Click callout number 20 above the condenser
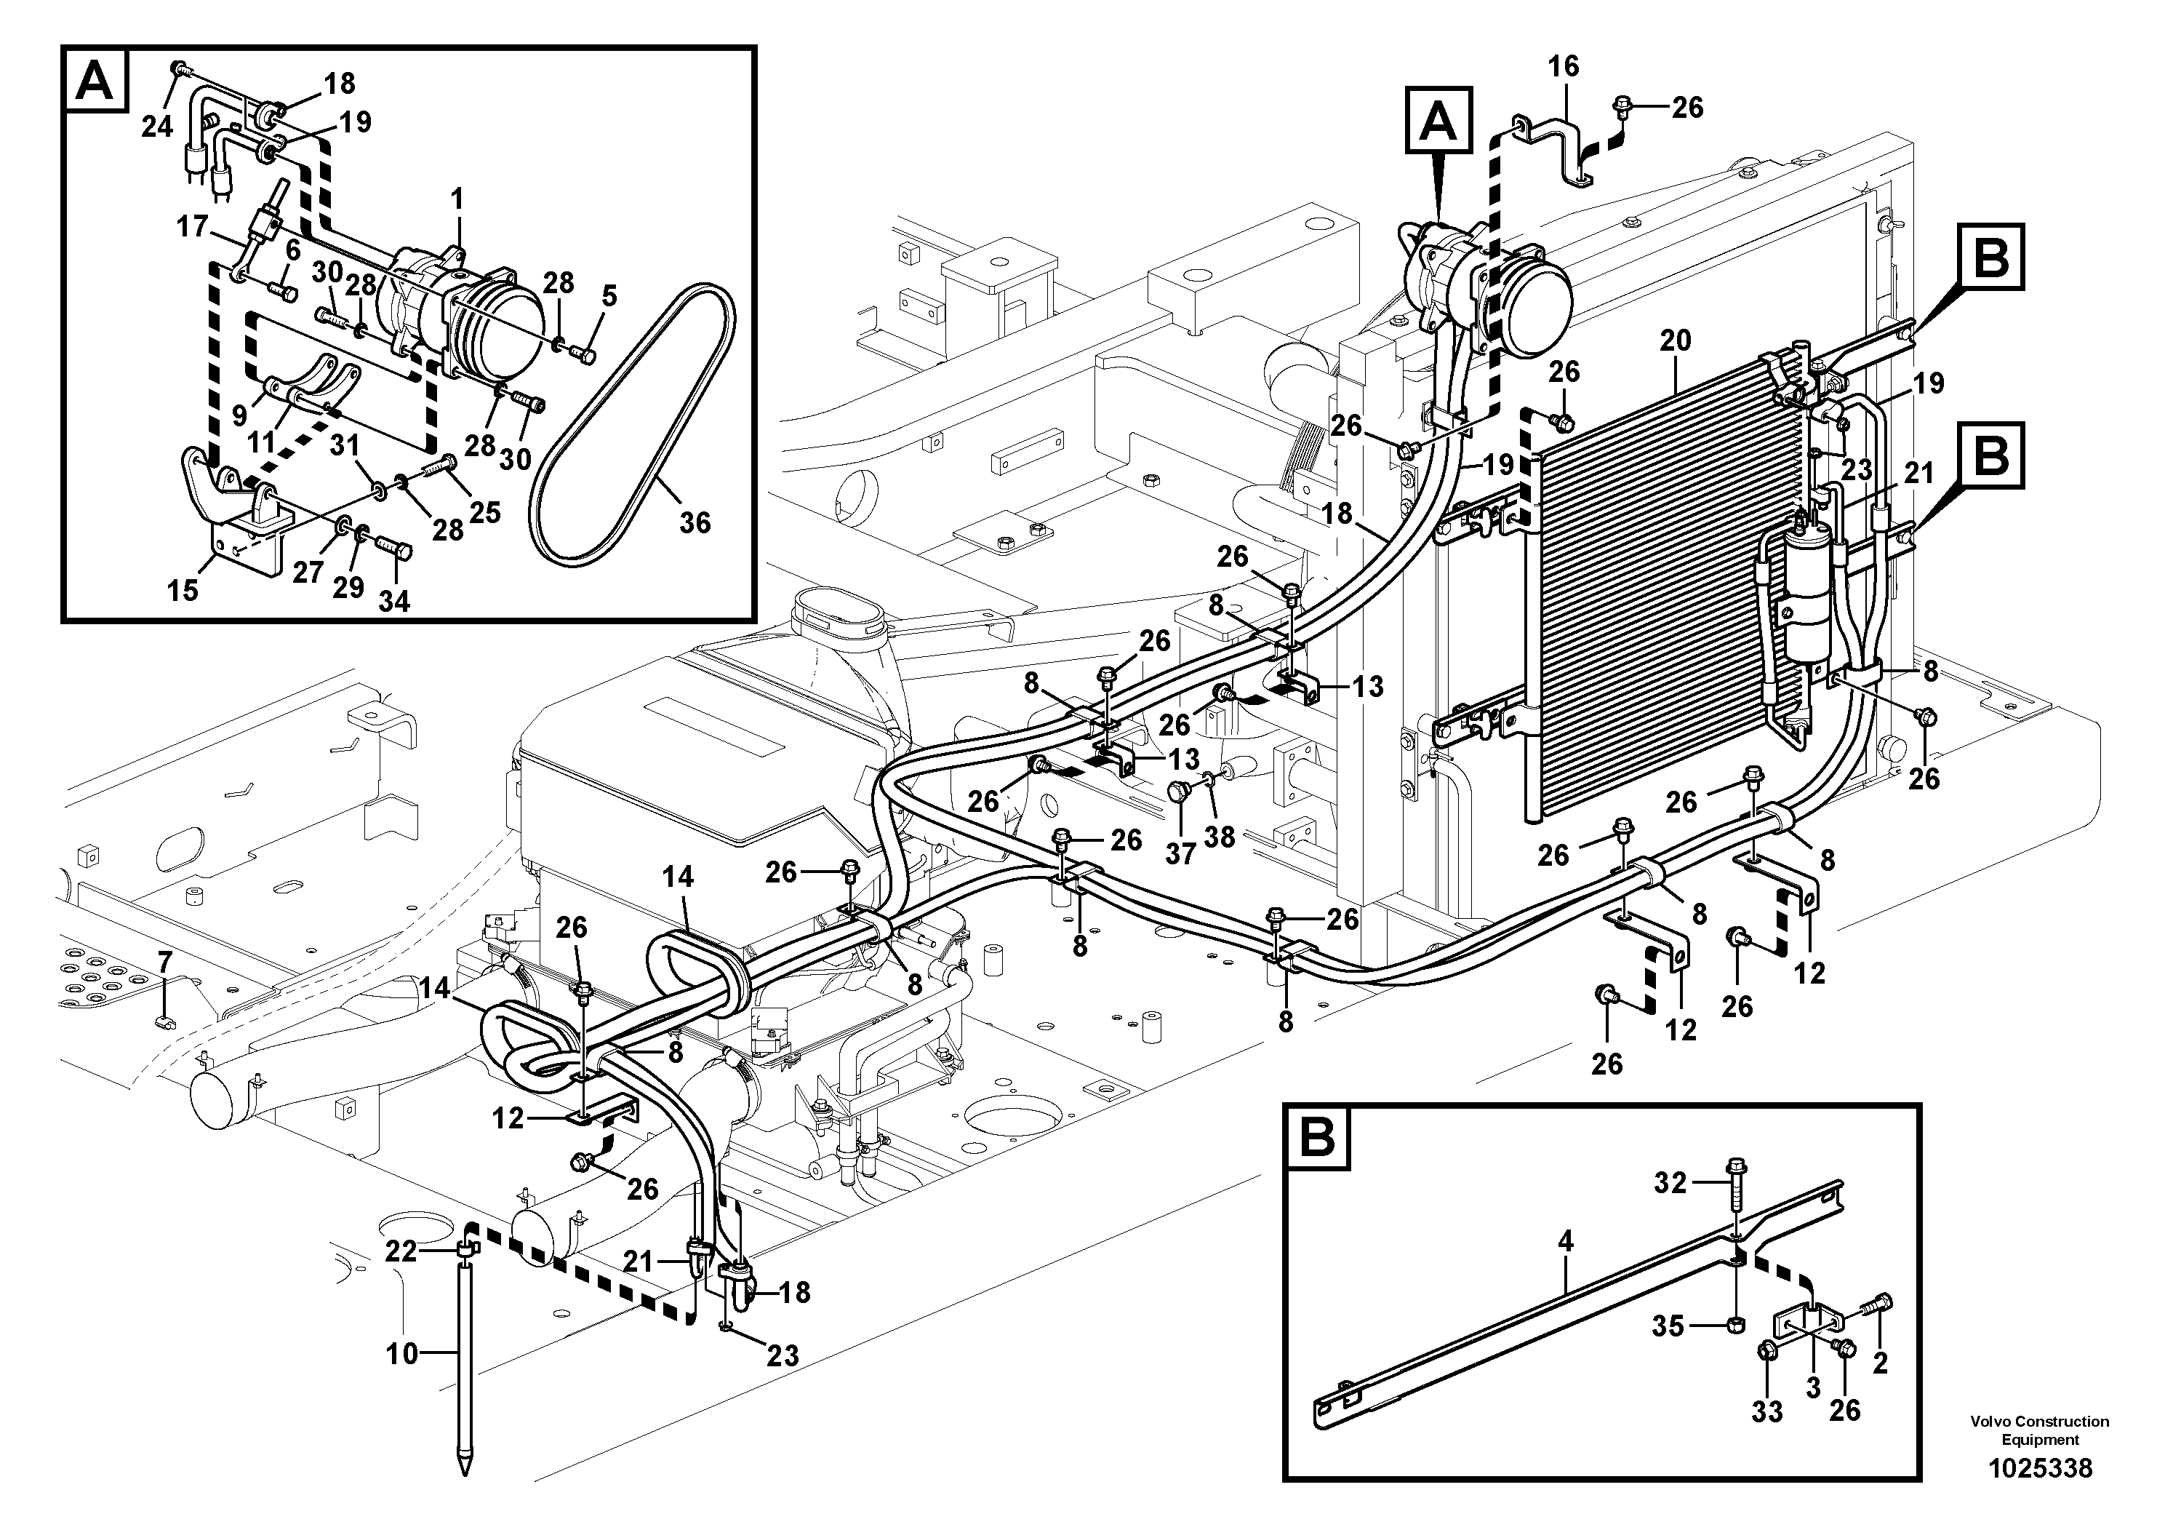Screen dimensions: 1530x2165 coord(1676,340)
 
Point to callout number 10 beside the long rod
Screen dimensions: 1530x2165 coord(401,1354)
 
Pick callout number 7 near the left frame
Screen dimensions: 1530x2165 coord(165,963)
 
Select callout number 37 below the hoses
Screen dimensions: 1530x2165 coord(1180,853)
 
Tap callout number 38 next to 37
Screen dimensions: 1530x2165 coord(1220,836)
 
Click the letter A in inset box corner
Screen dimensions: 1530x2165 coord(95,79)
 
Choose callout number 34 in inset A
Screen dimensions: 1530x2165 coord(394,601)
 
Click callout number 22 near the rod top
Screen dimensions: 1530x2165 coord(401,1251)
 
